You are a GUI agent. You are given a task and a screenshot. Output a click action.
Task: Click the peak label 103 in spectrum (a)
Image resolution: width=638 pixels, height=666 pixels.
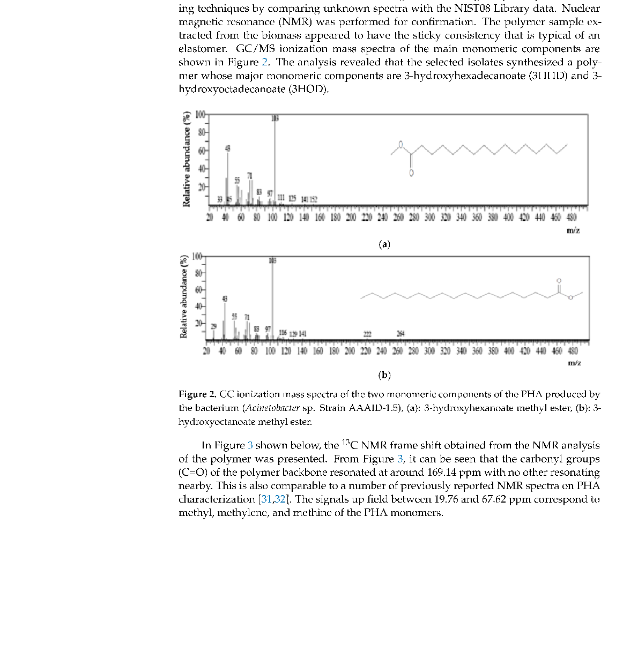(x=275, y=118)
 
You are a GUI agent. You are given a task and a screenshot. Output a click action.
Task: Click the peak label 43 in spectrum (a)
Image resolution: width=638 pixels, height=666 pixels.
(x=228, y=147)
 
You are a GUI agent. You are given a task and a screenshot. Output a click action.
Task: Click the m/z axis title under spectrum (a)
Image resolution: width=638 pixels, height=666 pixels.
(x=573, y=230)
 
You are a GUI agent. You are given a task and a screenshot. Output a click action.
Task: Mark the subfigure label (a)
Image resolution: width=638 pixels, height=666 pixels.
(x=384, y=244)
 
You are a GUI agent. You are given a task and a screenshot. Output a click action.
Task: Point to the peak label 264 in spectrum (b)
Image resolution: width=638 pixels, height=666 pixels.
(x=400, y=334)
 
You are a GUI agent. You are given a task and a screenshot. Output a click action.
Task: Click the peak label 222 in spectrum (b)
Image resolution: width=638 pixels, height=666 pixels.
(x=368, y=334)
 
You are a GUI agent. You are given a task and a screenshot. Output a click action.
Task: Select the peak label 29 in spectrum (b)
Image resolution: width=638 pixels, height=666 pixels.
(x=213, y=326)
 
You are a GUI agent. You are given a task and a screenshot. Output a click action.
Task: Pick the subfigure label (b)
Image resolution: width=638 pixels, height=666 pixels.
(x=384, y=375)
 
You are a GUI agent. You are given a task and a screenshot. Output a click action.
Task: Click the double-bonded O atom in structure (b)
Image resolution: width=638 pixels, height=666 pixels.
(x=559, y=281)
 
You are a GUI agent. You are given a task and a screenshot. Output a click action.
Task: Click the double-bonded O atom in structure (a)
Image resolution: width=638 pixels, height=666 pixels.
(x=411, y=173)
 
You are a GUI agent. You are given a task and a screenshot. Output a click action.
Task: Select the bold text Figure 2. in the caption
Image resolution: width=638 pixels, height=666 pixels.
(x=197, y=394)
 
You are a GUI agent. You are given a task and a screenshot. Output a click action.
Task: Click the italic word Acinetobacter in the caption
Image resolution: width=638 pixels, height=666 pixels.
(x=273, y=408)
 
